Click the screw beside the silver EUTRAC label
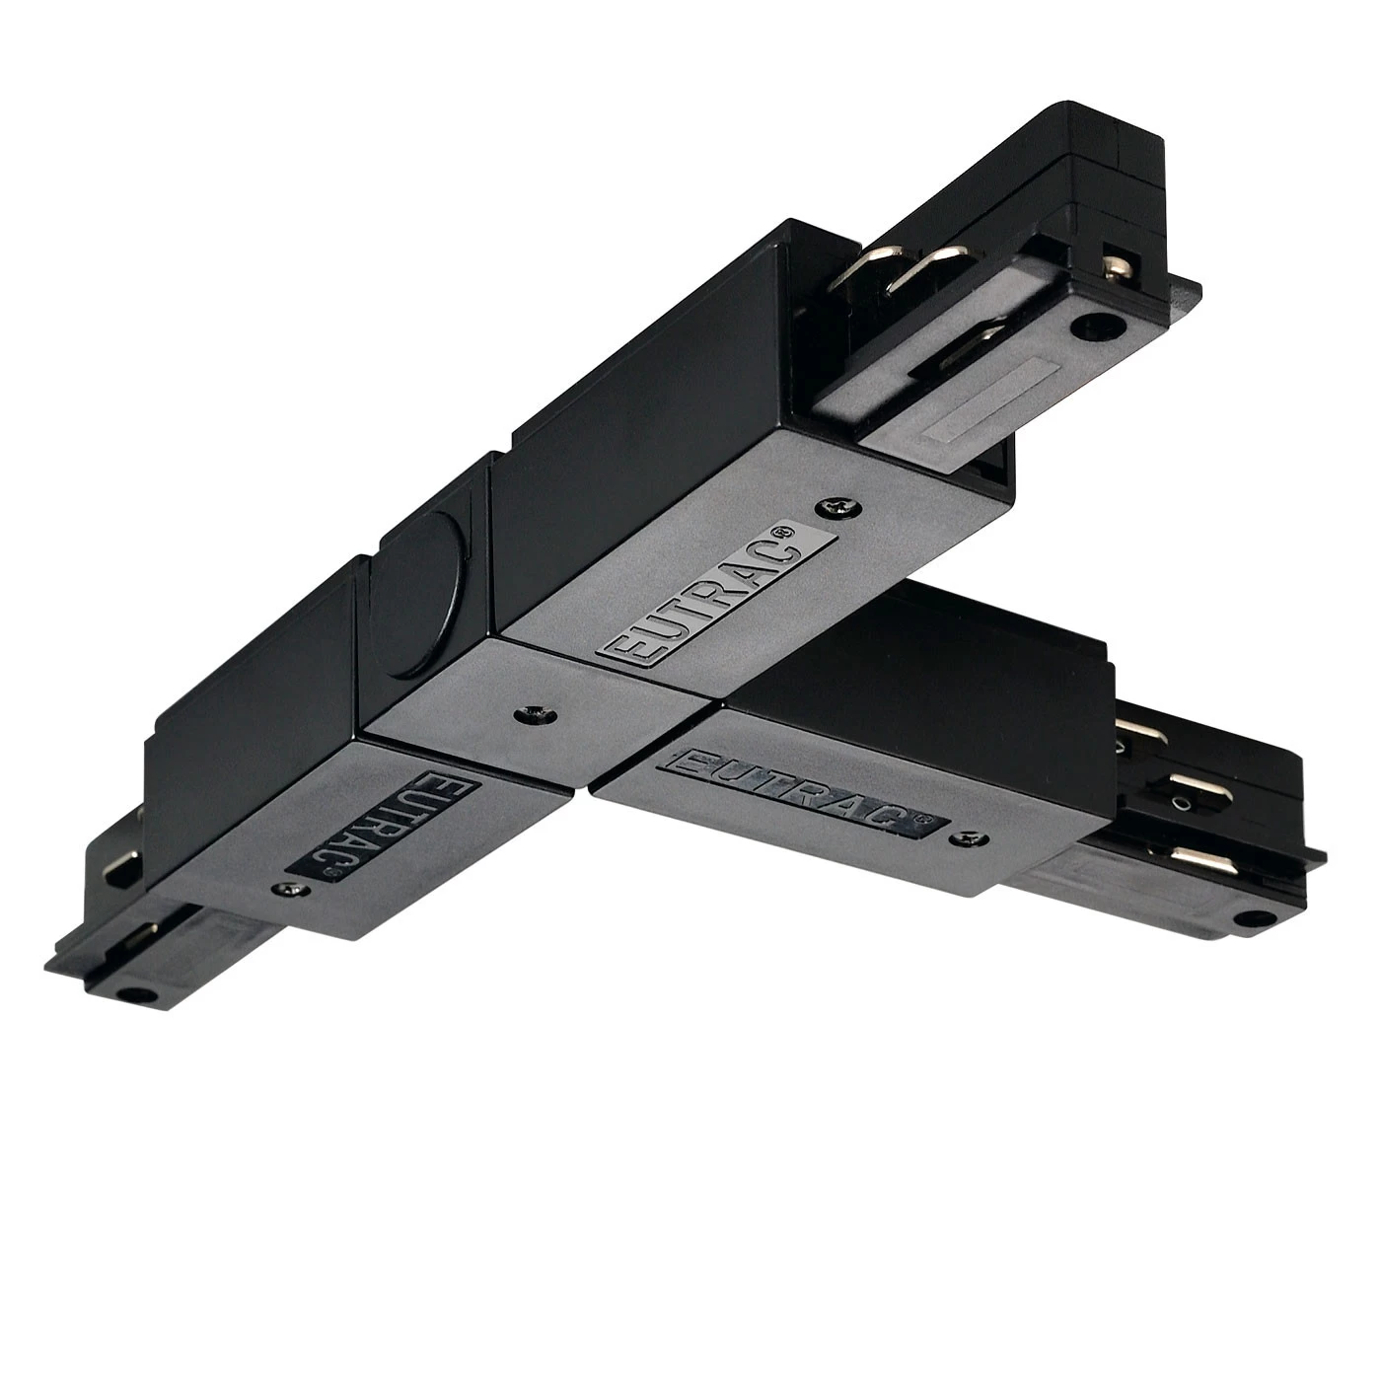(x=834, y=507)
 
